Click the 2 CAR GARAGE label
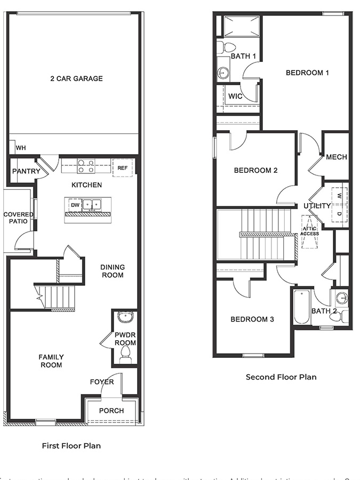[76, 78]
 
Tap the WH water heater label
[21, 148]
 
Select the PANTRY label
[26, 171]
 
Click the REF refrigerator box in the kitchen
[123, 167]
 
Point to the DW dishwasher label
[75, 204]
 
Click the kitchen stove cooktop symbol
[86, 166]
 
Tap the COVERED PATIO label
[19, 218]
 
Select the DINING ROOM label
[112, 271]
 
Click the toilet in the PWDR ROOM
[126, 354]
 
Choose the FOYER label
[101, 382]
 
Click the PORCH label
[111, 410]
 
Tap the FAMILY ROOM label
[51, 361]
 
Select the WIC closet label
[235, 97]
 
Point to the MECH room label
[337, 157]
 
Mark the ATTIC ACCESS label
[309, 230]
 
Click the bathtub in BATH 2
[301, 307]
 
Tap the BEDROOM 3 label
[252, 319]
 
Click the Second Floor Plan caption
[281, 377]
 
